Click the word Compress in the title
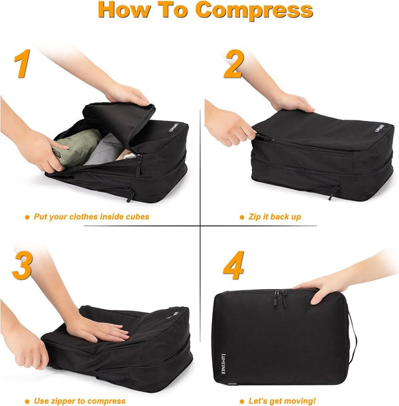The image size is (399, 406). pos(254,11)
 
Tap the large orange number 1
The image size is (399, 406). pos(23,64)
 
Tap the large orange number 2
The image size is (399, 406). pos(233,64)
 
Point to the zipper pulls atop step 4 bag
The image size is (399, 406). pos(282,300)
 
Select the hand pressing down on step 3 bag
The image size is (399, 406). pos(100,327)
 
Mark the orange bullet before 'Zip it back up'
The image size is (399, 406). pos(241,217)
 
